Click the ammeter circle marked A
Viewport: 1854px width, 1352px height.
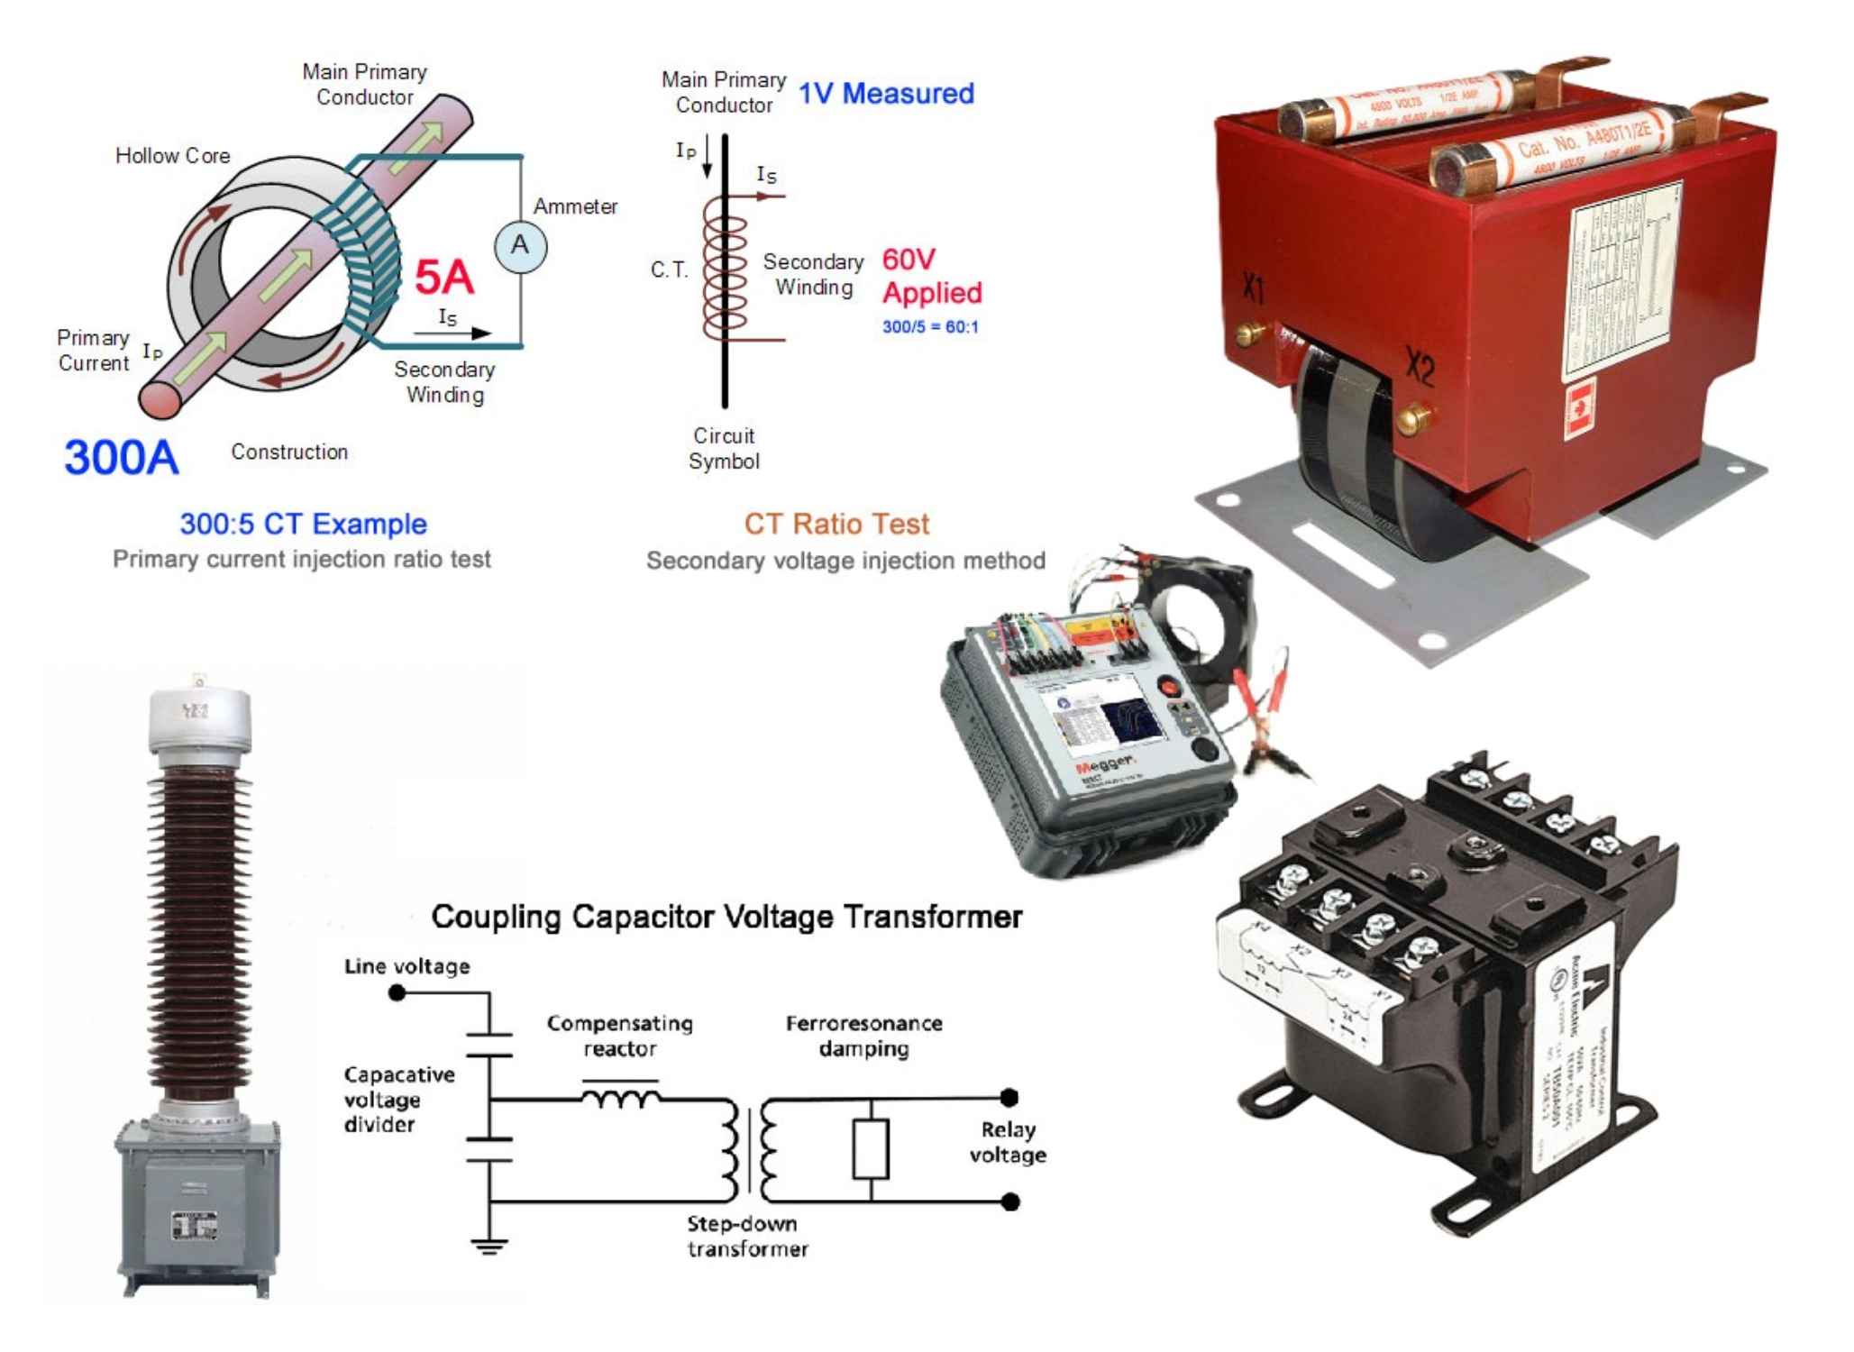(520, 246)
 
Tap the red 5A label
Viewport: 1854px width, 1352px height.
(443, 277)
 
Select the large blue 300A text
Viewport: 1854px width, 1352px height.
(122, 457)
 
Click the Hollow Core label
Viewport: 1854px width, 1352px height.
(172, 156)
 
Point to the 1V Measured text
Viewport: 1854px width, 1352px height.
(886, 94)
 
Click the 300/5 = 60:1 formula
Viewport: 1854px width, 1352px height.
(930, 327)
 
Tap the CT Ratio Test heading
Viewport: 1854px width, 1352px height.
(836, 524)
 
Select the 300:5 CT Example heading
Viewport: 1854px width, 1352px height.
(303, 524)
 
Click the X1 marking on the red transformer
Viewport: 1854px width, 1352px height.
(1253, 288)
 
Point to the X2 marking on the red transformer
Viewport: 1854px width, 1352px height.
(1420, 368)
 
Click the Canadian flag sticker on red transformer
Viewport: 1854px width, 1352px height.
(1579, 408)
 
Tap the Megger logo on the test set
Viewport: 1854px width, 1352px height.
(1105, 766)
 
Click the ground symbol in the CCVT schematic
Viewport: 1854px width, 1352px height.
(489, 1247)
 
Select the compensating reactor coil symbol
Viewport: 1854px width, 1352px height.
(621, 1098)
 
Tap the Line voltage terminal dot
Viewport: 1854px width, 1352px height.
(397, 993)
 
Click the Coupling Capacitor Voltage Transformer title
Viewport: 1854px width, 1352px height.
(726, 917)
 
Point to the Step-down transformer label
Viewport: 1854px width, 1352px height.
(746, 1236)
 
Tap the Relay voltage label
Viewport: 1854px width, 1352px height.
(1008, 1142)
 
